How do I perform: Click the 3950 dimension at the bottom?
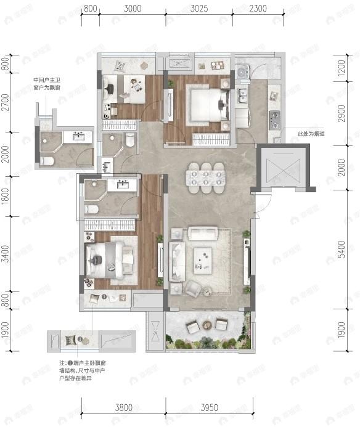click(x=210, y=407)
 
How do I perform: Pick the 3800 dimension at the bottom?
click(x=124, y=407)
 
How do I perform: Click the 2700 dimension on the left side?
click(x=6, y=103)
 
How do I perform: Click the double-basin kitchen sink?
click(x=242, y=96)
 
